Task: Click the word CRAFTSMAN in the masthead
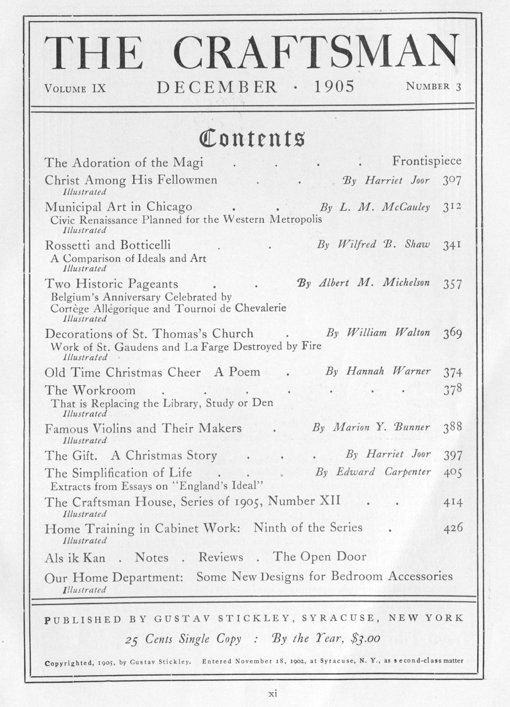pyautogui.click(x=314, y=53)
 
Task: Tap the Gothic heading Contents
pyautogui.click(x=252, y=138)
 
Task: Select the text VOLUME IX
pyautogui.click(x=75, y=88)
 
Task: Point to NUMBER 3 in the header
pyautogui.click(x=433, y=86)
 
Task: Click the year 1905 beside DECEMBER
pyautogui.click(x=334, y=86)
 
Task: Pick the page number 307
pyautogui.click(x=452, y=180)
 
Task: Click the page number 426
pyautogui.click(x=453, y=528)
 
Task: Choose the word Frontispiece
pyautogui.click(x=427, y=161)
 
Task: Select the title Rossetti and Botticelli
pyautogui.click(x=108, y=245)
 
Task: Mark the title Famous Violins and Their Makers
pyautogui.click(x=143, y=428)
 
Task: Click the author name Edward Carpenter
pyautogui.click(x=383, y=472)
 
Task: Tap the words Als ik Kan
pyautogui.click(x=75, y=557)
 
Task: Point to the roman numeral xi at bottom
pyautogui.click(x=273, y=694)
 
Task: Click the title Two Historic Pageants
pyautogui.click(x=111, y=284)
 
